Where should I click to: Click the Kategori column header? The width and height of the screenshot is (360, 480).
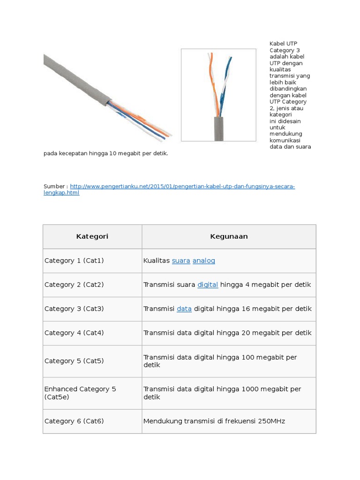pos(92,236)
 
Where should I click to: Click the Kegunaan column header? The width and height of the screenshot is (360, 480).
pos(229,236)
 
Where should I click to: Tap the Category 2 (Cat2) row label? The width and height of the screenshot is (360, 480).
pos(74,285)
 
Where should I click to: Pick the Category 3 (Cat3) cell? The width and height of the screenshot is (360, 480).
pos(74,309)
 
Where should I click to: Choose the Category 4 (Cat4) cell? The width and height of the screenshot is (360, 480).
pos(74,333)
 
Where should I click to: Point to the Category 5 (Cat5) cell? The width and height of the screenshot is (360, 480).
pos(74,361)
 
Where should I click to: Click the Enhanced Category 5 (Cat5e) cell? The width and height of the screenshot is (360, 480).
pos(80,393)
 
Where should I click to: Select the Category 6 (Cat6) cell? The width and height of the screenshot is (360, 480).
pos(74,421)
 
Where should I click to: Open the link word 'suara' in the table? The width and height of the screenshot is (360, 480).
pos(181,261)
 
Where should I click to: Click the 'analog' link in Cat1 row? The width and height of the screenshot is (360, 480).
pos(203,261)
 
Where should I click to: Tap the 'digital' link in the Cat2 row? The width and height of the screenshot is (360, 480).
pos(208,285)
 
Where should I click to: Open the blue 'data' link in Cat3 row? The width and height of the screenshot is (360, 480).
pos(184,309)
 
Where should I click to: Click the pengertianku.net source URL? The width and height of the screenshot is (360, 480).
pos(183,187)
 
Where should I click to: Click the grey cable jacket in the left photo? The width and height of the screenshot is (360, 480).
pos(75,77)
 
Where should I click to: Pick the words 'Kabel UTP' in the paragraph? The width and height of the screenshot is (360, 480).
pos(283,44)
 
